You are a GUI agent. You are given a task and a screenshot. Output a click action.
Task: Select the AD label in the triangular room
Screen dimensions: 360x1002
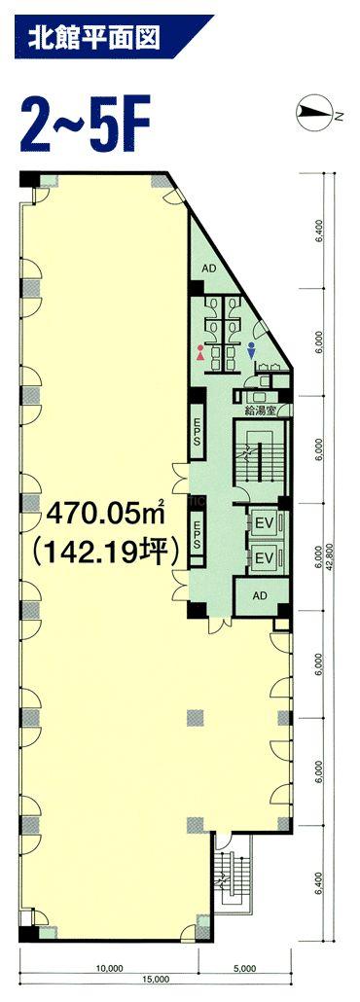(x=208, y=269)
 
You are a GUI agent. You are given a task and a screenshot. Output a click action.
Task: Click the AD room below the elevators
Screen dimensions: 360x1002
(x=261, y=595)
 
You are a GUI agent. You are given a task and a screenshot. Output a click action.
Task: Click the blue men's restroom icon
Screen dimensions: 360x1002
(x=252, y=353)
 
